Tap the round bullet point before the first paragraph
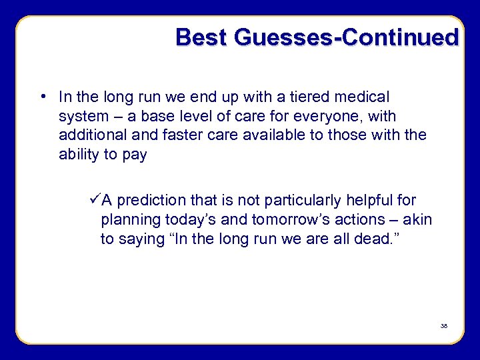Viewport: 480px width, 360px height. tap(42, 97)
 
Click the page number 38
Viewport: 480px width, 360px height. tap(443, 326)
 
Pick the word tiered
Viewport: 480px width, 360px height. tap(313, 97)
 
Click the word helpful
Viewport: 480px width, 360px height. tap(377, 200)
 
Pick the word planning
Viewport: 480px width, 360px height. tap(127, 220)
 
